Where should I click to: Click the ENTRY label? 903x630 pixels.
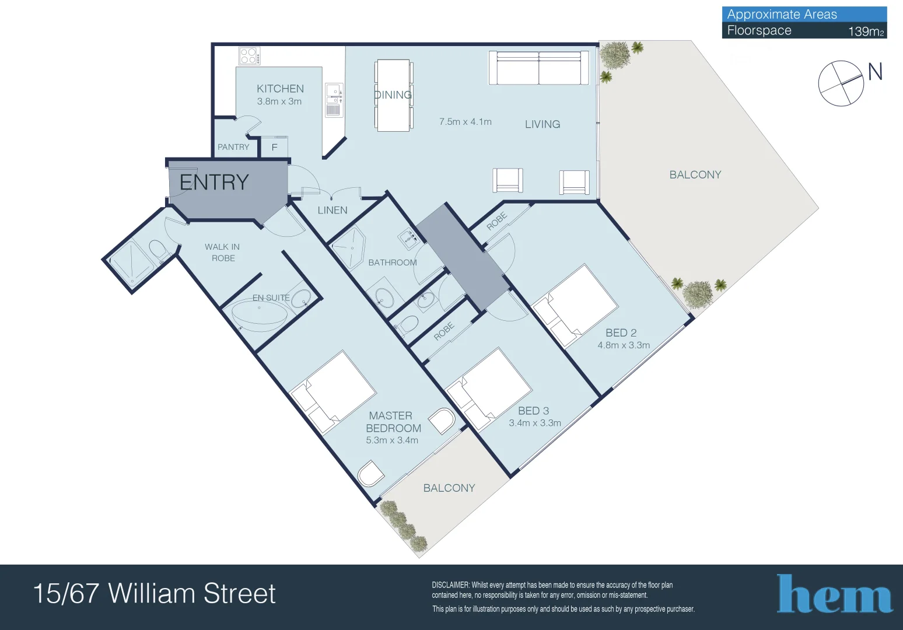click(214, 183)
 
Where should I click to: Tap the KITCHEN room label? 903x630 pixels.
click(280, 89)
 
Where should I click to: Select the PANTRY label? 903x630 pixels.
click(233, 147)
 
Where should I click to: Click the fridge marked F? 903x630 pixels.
click(274, 148)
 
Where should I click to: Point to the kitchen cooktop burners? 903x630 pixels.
click(249, 56)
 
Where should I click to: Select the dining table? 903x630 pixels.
click(393, 95)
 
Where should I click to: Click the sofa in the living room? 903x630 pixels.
click(538, 68)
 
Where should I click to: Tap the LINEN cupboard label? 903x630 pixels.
click(332, 210)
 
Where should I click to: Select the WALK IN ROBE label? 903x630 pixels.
click(222, 253)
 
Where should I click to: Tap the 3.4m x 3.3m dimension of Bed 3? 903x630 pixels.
click(535, 423)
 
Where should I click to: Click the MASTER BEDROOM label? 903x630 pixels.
click(392, 422)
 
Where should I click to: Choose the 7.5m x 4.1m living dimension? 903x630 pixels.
click(466, 122)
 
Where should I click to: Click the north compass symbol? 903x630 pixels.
click(842, 83)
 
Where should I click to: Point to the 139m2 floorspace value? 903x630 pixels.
click(866, 32)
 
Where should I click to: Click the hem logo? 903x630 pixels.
click(834, 594)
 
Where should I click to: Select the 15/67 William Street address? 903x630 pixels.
click(155, 594)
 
